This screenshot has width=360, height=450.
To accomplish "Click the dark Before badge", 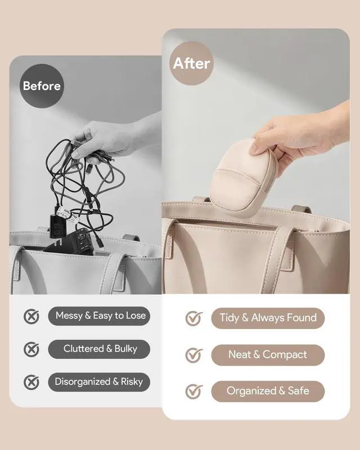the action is tap(42, 86).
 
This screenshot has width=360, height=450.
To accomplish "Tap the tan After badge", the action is tap(191, 63).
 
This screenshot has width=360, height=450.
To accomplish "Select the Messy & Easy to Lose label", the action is tap(99, 316).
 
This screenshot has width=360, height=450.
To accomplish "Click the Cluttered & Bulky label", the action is tap(99, 349).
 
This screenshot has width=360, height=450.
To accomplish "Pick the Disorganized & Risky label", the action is tap(99, 382).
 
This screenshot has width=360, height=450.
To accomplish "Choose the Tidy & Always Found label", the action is tap(268, 318).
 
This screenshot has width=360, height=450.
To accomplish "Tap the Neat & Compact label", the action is tap(268, 355).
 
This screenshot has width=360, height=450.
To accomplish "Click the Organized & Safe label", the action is tap(268, 391).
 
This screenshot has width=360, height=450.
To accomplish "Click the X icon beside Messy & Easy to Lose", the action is tap(31, 317).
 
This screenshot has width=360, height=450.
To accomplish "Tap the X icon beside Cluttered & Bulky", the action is tap(31, 349).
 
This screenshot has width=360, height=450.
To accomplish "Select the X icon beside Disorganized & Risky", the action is tap(31, 382).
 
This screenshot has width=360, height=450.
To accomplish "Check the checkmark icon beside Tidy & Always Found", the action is tap(193, 318).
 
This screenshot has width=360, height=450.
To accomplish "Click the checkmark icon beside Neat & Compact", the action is tap(193, 355).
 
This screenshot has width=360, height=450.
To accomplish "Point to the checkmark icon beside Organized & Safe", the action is tap(193, 391).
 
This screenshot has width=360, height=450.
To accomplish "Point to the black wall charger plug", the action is tap(58, 226).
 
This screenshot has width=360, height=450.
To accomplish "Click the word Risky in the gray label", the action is tap(132, 382).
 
